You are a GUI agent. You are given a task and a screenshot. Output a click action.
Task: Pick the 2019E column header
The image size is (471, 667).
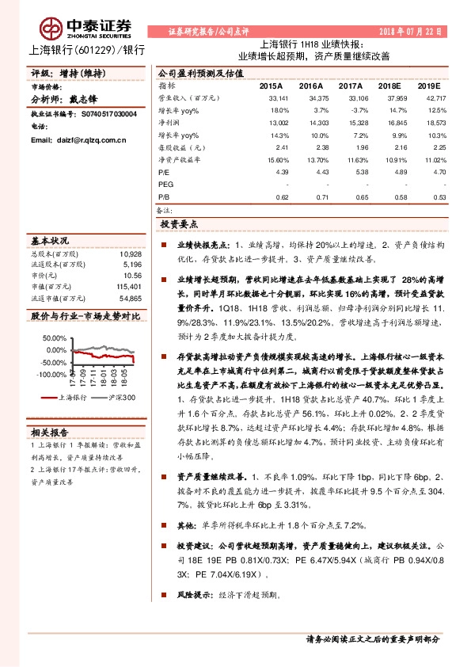[x=428, y=85]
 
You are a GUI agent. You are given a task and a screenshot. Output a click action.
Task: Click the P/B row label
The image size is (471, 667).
[x=164, y=196]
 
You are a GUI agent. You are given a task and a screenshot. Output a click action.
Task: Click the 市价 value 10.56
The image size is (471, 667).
[x=132, y=275]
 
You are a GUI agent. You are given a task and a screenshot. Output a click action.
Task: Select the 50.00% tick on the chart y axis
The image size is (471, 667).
[x=55, y=337]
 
